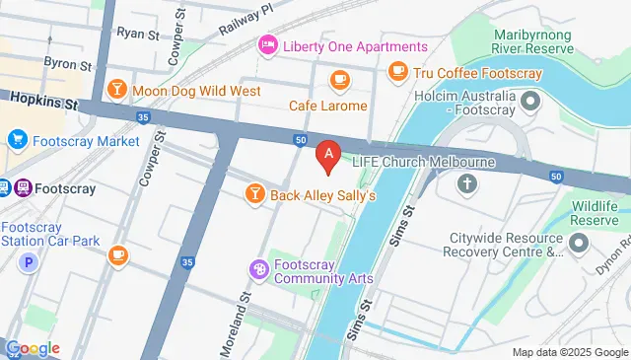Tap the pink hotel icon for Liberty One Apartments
266,46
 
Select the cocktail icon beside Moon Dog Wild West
117,91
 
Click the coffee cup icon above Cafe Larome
340,78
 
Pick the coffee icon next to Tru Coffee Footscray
398,70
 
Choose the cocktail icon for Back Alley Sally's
254,194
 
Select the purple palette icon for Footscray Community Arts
258,268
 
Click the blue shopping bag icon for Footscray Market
16,141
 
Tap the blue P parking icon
30,263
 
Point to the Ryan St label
137,34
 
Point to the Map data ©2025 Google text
569,352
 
